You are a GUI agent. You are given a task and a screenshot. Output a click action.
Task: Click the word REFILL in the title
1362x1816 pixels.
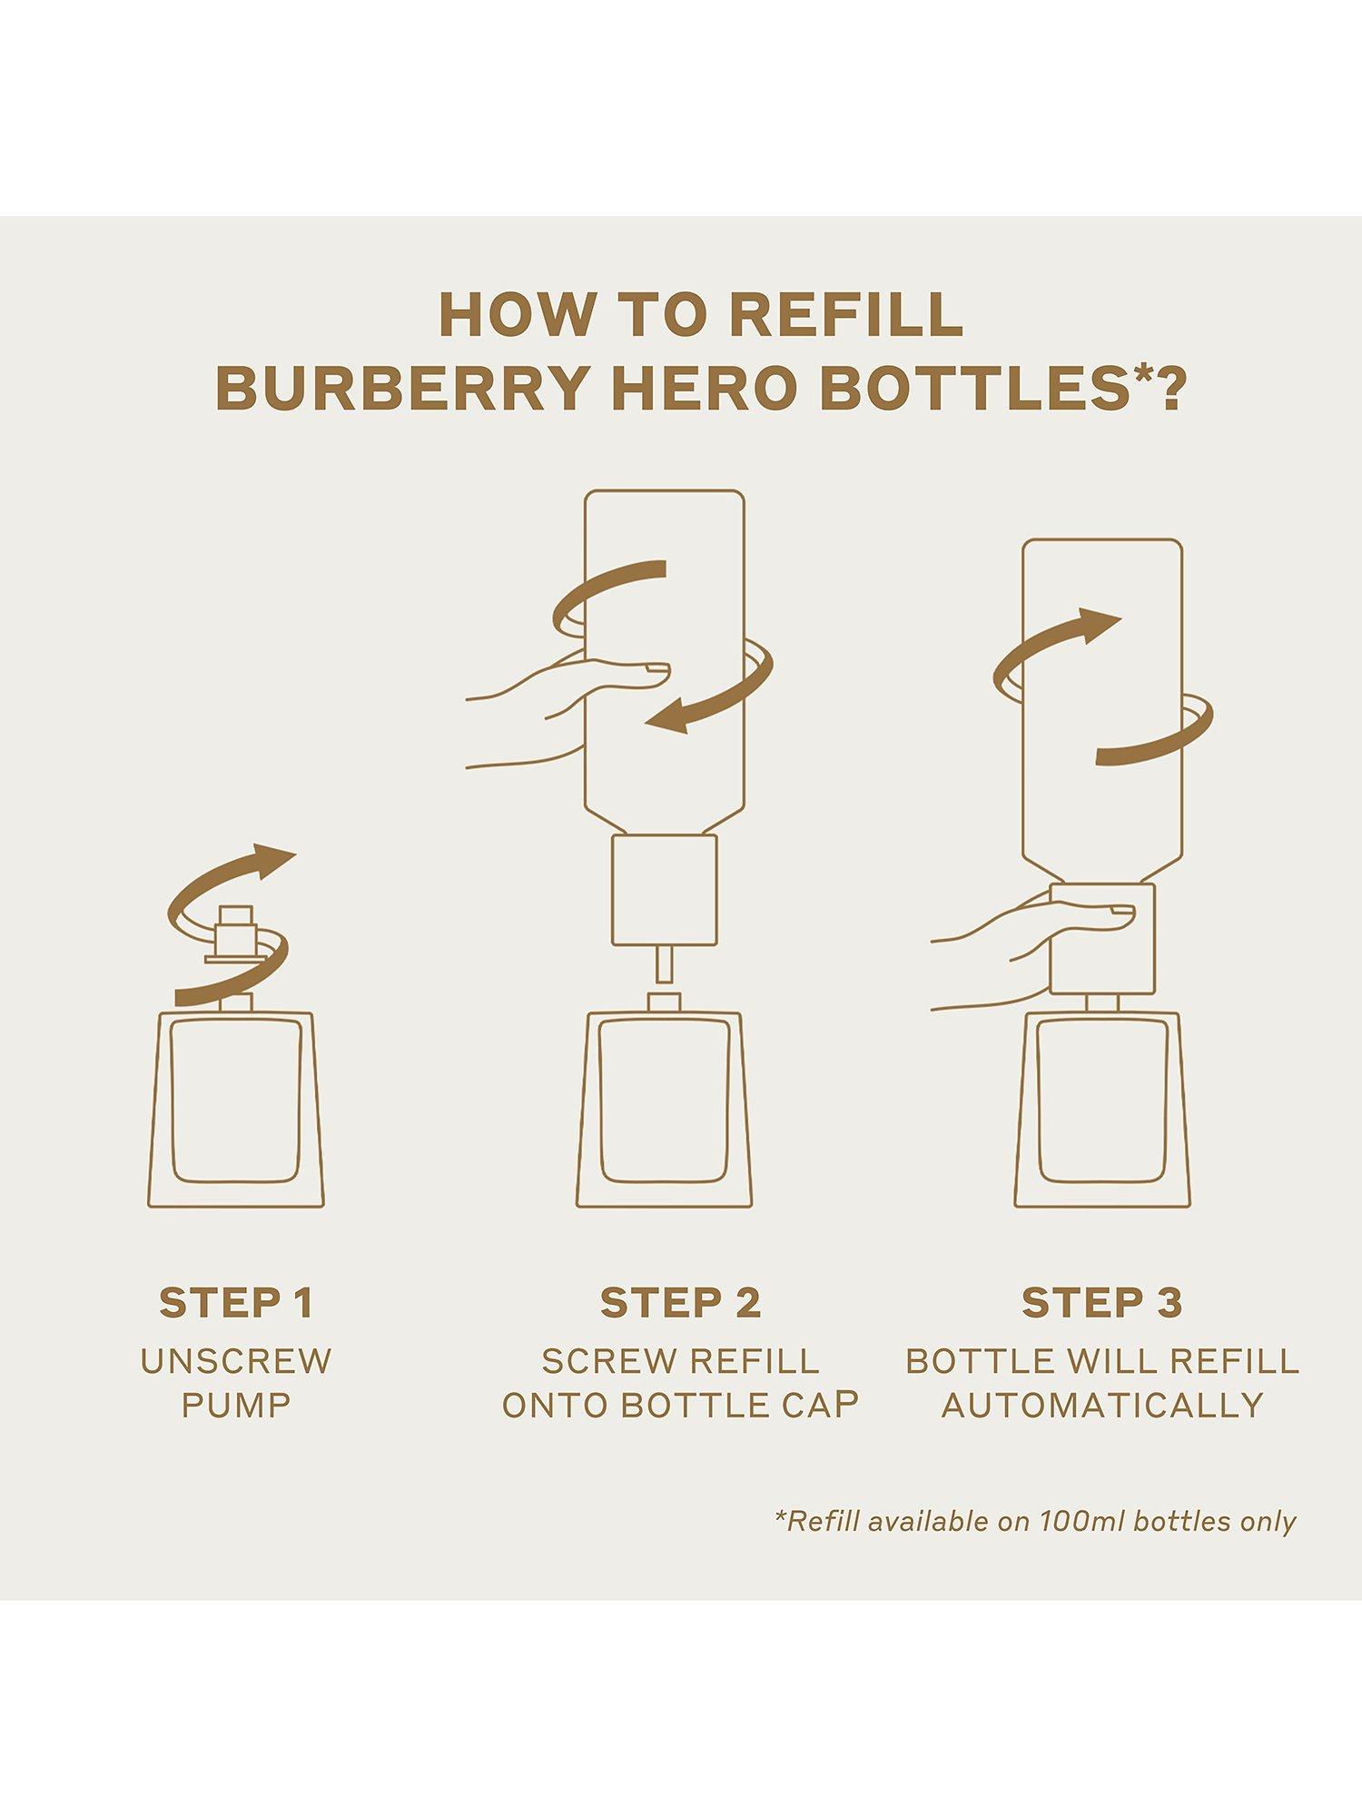846,315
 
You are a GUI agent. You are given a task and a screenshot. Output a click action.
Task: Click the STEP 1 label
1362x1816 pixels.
236,1303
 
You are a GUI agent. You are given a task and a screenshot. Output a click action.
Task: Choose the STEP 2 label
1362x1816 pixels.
680,1303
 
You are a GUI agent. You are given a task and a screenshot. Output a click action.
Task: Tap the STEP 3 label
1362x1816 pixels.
1101,1303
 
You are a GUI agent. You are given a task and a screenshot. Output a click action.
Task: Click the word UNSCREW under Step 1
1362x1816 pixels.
236,1361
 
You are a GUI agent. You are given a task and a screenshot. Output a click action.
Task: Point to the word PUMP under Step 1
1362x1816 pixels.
236,1406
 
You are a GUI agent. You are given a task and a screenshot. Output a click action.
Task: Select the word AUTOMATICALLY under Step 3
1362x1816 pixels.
1102,1406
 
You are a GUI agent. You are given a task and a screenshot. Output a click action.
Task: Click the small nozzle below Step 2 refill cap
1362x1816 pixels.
664,963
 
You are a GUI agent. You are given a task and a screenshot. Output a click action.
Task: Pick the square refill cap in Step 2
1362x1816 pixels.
664,890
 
